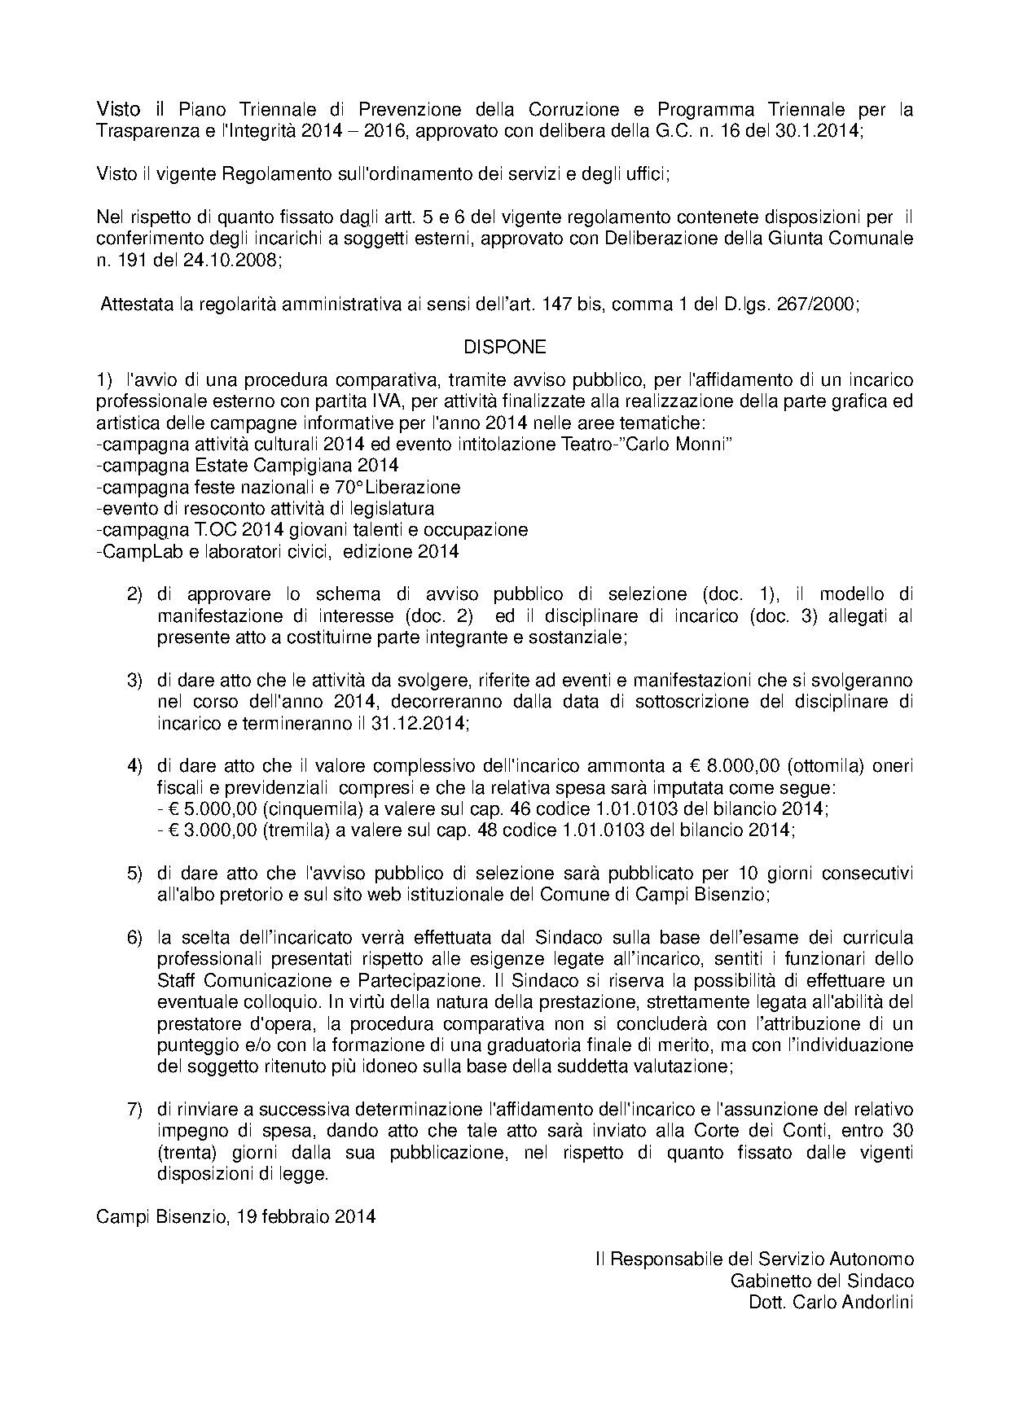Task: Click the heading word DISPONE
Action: [505, 347]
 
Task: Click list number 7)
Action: [134, 1109]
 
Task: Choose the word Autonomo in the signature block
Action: [876, 1259]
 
